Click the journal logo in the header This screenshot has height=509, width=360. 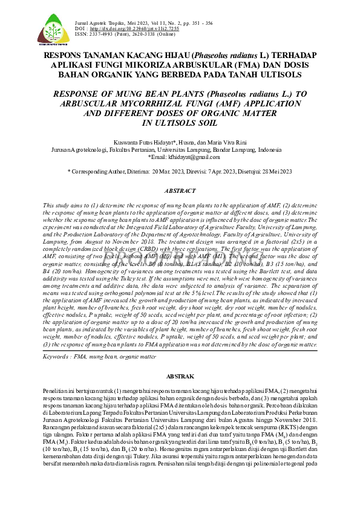[x=53, y=30]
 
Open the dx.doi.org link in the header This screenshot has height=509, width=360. [x=128, y=29]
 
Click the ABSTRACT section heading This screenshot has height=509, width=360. [x=180, y=191]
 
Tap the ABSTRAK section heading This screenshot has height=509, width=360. [x=180, y=376]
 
